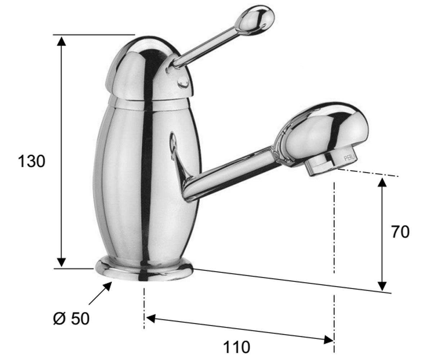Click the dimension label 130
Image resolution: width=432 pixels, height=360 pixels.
31,162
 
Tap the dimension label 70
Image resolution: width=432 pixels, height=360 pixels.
400,232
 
